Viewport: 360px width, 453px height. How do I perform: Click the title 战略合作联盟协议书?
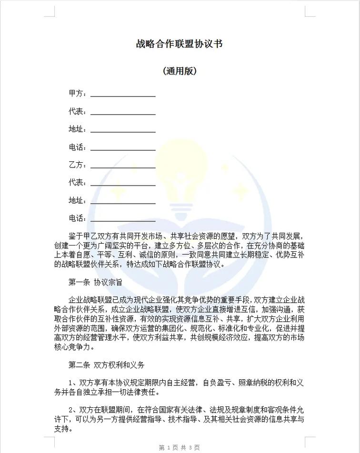tap(179, 44)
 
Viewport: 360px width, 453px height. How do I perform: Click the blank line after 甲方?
tap(123, 95)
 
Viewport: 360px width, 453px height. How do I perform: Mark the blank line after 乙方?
tap(123, 166)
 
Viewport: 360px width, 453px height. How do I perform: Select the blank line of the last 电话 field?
tap(123, 220)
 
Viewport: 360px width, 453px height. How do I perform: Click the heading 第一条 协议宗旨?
tap(95, 282)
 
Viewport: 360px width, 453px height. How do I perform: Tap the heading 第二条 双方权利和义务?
tap(106, 365)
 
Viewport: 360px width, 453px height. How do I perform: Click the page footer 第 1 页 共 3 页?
tap(179, 448)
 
